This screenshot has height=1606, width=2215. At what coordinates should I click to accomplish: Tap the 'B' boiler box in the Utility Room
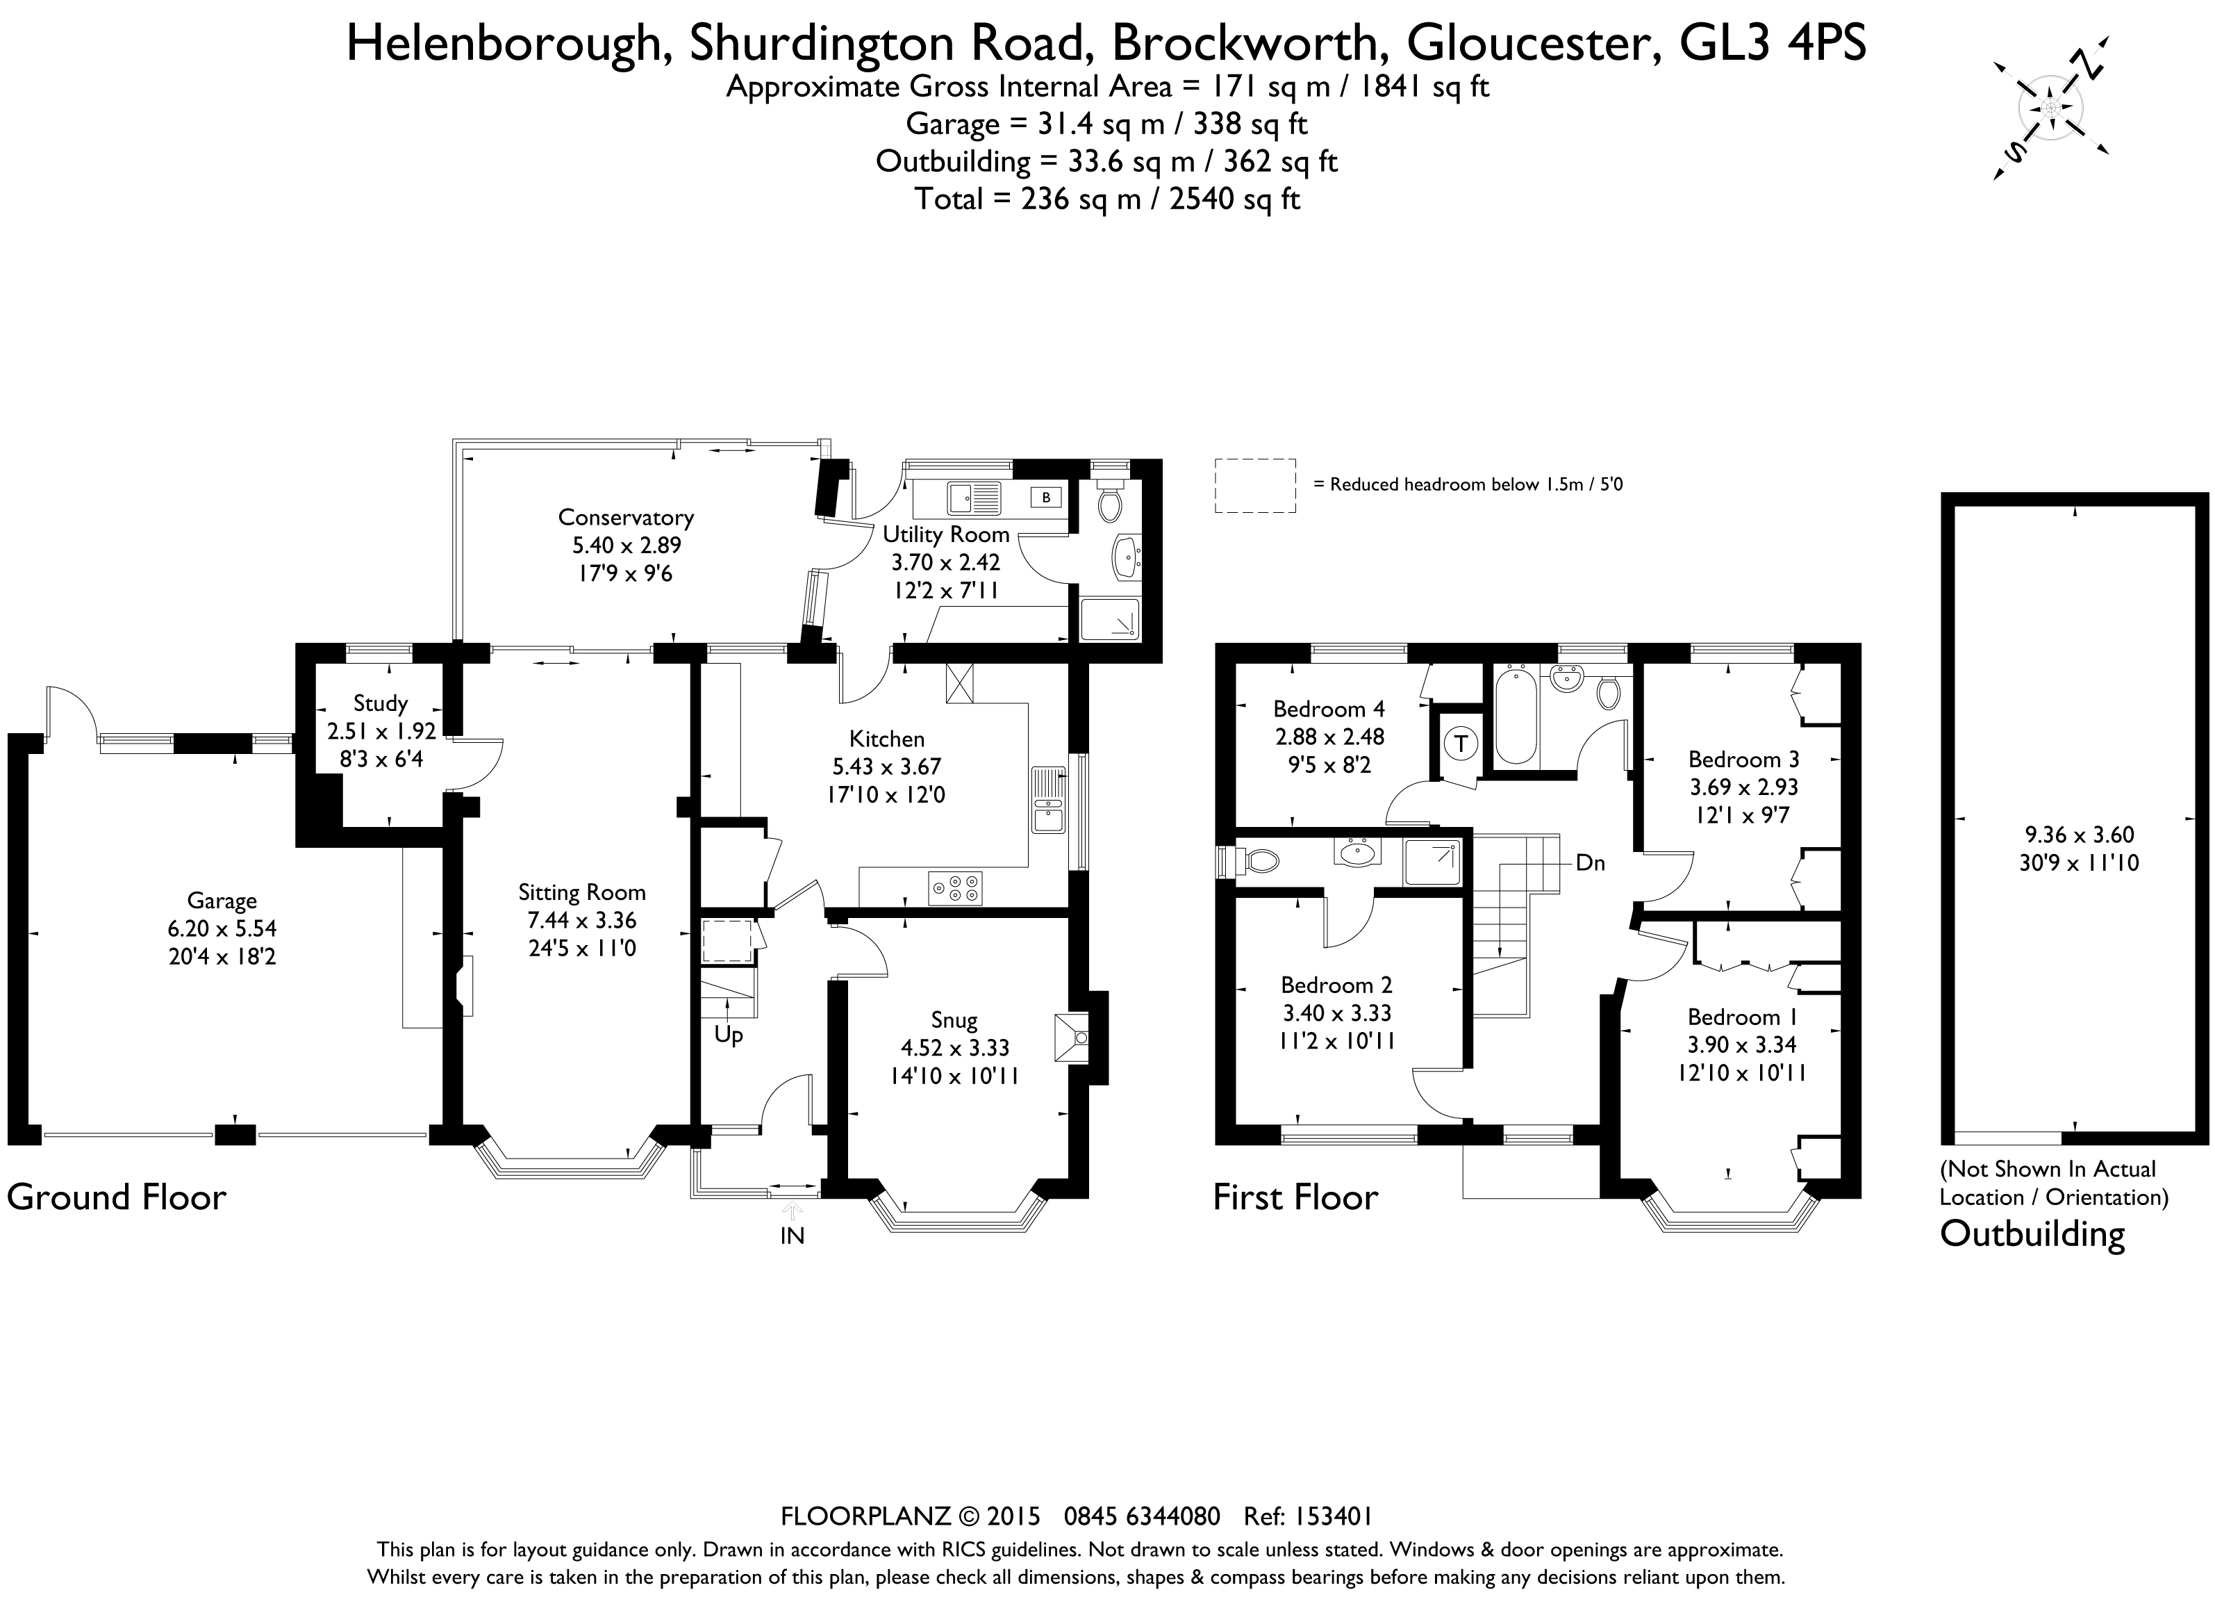[1045, 498]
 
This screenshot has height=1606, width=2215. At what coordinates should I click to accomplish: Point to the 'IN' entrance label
[792, 1236]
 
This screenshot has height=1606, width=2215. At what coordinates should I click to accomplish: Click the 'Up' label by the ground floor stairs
[729, 1035]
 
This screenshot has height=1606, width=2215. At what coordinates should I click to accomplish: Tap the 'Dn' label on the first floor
[1590, 862]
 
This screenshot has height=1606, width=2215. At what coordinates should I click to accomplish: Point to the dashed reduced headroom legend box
[1255, 486]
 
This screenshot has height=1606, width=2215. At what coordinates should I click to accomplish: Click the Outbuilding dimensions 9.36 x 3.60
[2078, 834]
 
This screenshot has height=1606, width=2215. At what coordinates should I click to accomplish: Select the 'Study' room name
[380, 703]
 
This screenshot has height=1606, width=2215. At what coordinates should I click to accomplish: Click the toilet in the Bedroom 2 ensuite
[1260, 860]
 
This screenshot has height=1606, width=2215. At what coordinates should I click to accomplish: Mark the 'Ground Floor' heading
[116, 1197]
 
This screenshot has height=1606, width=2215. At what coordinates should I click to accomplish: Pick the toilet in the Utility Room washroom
[1109, 502]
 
